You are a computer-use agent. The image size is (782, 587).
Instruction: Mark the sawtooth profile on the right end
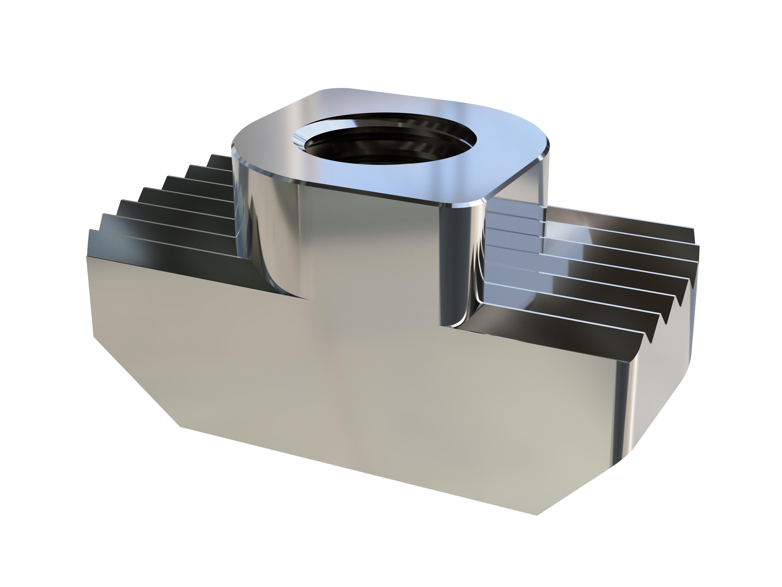point(672,294)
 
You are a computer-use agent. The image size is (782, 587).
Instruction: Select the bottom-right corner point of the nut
point(537,515)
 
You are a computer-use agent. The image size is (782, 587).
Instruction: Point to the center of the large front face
point(353,382)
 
